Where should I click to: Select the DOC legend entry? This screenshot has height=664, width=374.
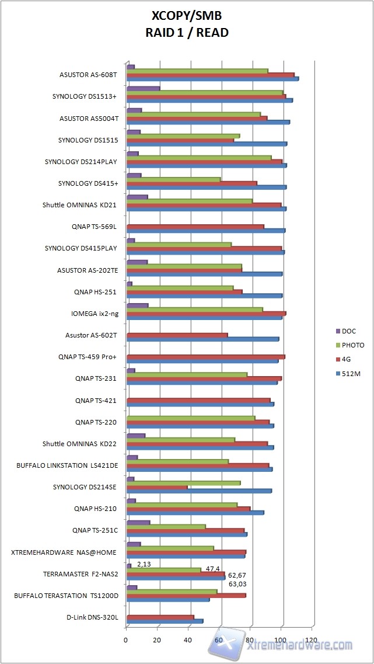349,331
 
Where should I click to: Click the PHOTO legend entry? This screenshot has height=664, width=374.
353,345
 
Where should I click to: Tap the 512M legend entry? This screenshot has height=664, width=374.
351,373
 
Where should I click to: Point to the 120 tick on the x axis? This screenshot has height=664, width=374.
312,639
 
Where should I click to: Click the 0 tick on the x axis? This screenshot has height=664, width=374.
126,639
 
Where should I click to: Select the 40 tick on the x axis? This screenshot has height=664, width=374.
188,639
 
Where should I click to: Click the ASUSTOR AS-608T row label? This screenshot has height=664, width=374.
89,75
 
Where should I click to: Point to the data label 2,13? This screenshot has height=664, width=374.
144,564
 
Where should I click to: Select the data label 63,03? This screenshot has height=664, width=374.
237,583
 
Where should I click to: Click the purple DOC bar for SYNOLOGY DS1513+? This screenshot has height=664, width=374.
143,88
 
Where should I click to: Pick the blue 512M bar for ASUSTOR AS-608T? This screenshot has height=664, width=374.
212,79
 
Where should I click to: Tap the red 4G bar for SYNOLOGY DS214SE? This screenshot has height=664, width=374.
157,487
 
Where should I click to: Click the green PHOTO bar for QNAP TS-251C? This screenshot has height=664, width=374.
166,526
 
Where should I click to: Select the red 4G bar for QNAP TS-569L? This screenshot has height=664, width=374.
195,227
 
